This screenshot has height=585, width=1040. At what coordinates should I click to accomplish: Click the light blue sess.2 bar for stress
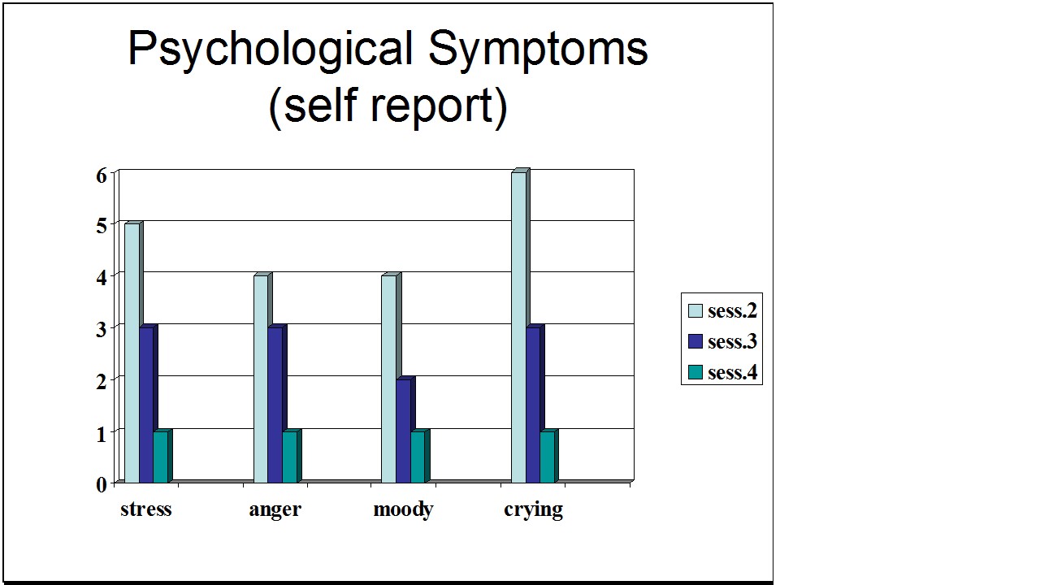pyautogui.click(x=132, y=353)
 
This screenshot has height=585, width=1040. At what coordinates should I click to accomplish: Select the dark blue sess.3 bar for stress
pyautogui.click(x=146, y=405)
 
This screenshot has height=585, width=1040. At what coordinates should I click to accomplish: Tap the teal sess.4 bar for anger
pyautogui.click(x=290, y=457)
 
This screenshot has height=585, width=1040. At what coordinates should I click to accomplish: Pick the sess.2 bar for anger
pyautogui.click(x=261, y=379)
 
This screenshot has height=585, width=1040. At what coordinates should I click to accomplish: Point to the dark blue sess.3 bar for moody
pyautogui.click(x=404, y=431)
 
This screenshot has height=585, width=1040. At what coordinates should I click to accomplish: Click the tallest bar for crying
pyautogui.click(x=518, y=327)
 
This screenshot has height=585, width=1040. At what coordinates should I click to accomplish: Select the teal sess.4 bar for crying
pyautogui.click(x=548, y=457)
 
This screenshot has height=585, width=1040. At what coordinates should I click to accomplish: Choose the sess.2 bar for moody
pyautogui.click(x=389, y=379)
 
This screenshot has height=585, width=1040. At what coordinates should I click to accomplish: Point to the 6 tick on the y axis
pyautogui.click(x=102, y=175)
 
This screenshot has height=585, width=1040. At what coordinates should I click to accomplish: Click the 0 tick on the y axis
pyautogui.click(x=102, y=484)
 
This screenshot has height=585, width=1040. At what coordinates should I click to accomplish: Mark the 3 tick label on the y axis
pyautogui.click(x=102, y=329)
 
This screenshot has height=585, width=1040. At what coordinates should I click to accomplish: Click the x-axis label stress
pyautogui.click(x=146, y=509)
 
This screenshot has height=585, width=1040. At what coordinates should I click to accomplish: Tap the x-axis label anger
pyautogui.click(x=275, y=509)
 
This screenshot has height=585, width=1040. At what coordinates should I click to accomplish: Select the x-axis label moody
pyautogui.click(x=403, y=509)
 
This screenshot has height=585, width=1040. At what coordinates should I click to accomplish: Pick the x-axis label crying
pyautogui.click(x=533, y=509)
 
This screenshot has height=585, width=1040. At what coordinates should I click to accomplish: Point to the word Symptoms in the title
pyautogui.click(x=538, y=50)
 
